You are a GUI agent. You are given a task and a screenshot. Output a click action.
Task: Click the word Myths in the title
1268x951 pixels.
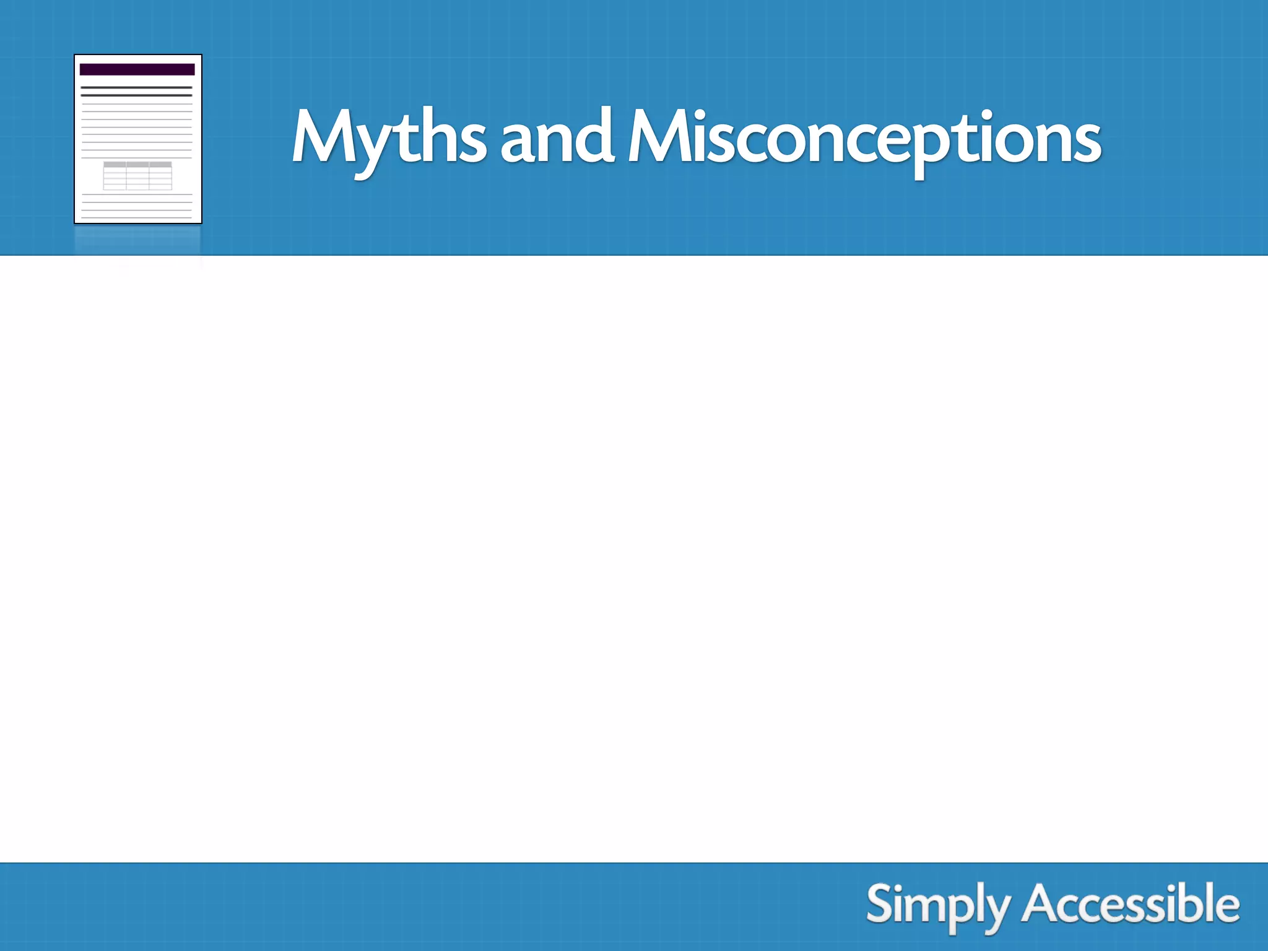coord(389,137)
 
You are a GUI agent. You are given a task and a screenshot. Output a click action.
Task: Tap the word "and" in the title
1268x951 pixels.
coord(556,137)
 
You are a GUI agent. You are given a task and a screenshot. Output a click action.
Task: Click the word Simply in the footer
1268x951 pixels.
coord(937,905)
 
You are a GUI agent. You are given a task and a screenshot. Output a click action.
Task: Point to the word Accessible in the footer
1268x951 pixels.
coord(1131,905)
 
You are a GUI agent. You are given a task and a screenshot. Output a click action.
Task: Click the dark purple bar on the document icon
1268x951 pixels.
coord(137,69)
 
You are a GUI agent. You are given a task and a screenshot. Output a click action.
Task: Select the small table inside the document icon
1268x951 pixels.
coord(137,176)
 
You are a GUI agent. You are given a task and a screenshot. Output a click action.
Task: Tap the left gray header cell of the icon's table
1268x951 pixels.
coord(115,165)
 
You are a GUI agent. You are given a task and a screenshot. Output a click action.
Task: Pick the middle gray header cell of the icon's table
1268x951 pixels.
coord(137,165)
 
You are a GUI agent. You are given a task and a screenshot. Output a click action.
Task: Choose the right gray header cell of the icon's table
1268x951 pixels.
coord(160,165)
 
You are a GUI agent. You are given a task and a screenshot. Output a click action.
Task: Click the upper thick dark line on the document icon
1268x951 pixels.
coord(137,88)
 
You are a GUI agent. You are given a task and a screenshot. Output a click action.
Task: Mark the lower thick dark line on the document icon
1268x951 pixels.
coord(137,95)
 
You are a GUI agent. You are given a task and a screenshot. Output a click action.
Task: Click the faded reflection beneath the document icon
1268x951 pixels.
coord(137,245)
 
